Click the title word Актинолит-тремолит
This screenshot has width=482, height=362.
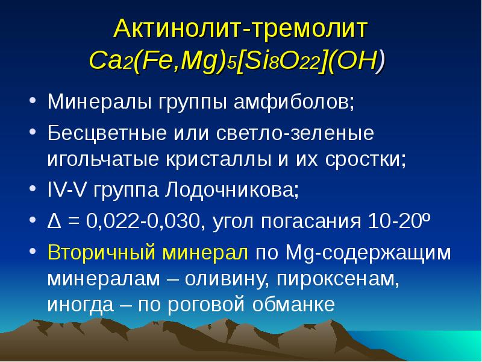click(240, 29)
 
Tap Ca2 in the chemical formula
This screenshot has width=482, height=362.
click(111, 61)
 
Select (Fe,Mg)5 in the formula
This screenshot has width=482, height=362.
click(185, 62)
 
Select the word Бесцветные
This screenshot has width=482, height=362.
click(107, 133)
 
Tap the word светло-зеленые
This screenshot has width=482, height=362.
click(295, 133)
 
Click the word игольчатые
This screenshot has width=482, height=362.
click(103, 160)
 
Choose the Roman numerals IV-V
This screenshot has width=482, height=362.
click(66, 189)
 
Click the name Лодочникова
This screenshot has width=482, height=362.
click(231, 190)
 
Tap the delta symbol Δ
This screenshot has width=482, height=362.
click(54, 221)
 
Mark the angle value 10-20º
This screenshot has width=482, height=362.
click(399, 221)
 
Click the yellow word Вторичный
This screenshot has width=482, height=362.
click(101, 252)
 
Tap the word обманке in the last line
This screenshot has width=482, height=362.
click(294, 304)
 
